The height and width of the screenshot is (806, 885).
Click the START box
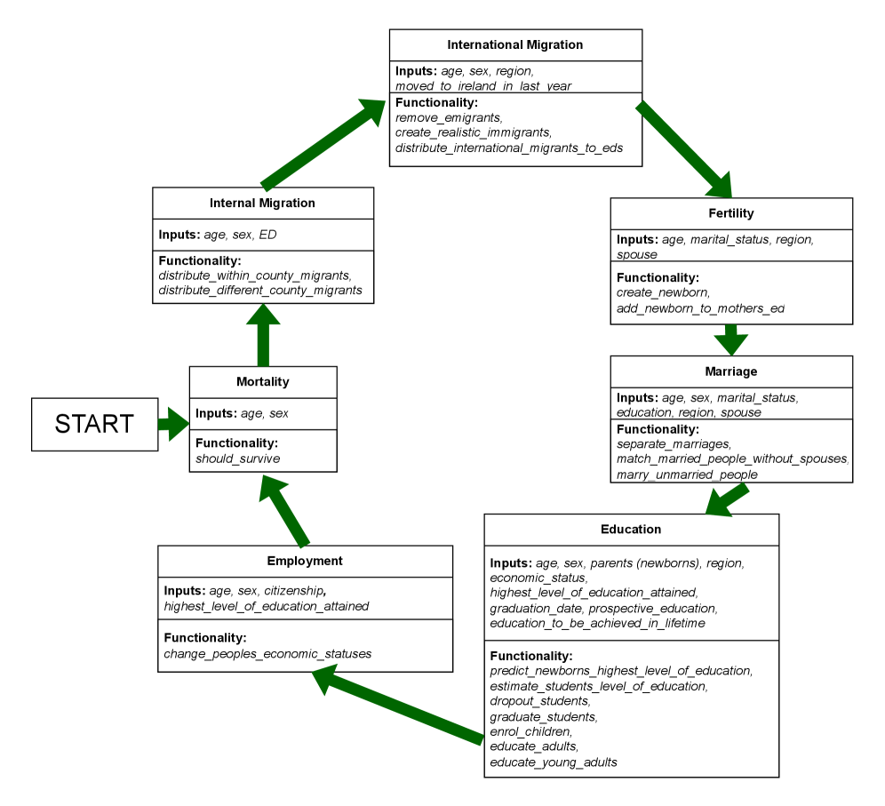[94, 425]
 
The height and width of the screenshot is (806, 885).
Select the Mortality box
[263, 382]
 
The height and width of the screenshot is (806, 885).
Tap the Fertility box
[731, 213]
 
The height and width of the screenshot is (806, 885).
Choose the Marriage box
[731, 371]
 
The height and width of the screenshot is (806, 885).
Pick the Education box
[631, 530]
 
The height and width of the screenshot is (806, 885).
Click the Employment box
[305, 561]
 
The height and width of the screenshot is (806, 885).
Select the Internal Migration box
[262, 203]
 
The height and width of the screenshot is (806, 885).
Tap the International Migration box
[515, 45]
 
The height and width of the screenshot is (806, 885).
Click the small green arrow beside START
[174, 425]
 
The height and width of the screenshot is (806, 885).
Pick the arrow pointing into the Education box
[727, 500]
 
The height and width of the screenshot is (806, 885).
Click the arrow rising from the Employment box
[284, 510]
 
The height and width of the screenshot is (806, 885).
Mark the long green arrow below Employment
[397, 705]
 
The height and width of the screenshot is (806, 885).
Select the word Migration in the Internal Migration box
[287, 203]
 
